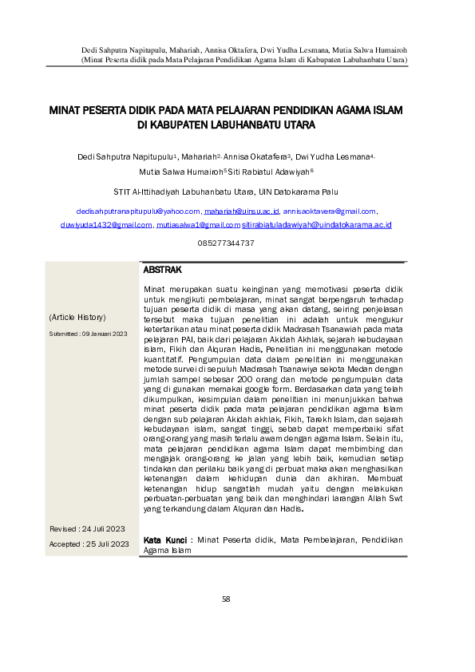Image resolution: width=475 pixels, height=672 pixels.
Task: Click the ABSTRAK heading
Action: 163,271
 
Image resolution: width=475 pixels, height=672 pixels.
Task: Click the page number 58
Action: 226,599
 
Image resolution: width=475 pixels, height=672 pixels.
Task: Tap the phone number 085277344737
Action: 226,242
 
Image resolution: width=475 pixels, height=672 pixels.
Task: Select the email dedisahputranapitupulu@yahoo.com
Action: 137,211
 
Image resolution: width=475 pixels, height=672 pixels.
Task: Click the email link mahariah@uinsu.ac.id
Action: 241,211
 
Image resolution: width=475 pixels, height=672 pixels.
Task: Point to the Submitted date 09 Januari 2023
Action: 88,334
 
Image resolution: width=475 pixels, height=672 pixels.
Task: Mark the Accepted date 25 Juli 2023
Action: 89,544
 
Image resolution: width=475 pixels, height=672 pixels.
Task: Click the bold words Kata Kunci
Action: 166,540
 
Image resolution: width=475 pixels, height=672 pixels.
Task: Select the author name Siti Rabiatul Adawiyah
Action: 272,171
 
